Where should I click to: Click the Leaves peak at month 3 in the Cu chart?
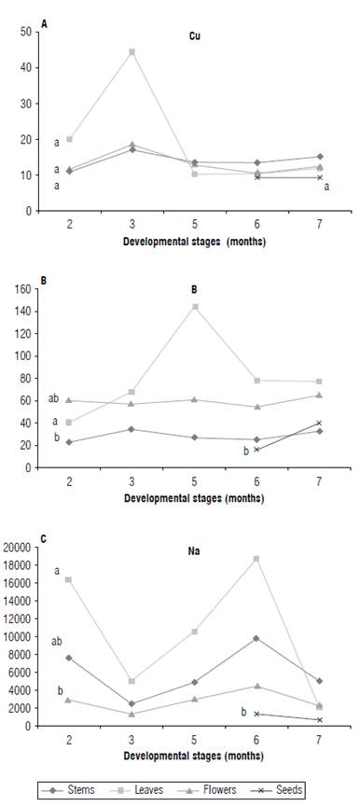coord(132,51)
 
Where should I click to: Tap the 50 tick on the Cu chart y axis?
coord(28,32)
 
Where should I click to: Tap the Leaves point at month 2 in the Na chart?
coord(69,579)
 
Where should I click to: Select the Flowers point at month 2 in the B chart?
coord(69,400)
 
